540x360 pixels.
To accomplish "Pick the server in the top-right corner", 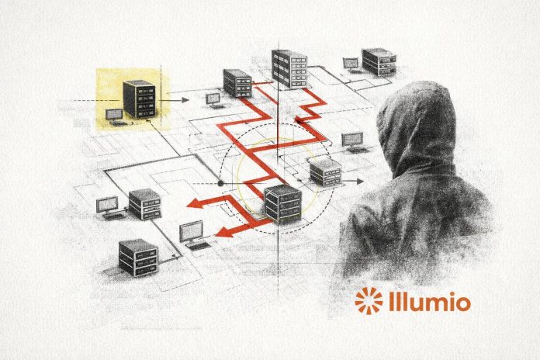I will point(379,61).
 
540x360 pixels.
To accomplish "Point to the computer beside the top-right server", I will point(351,65).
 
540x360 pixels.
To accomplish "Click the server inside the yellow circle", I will point(282,204).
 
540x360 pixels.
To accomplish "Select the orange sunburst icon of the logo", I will point(369,301).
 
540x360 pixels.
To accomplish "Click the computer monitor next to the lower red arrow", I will point(191,232).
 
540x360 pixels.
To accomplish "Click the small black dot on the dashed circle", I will point(220,183).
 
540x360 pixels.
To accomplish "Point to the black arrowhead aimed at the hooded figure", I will point(361,180).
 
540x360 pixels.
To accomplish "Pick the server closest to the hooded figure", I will point(325,171).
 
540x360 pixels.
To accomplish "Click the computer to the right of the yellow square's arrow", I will point(212,100).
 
